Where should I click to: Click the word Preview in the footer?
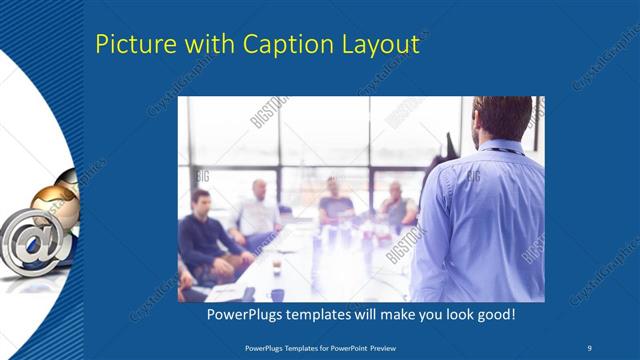click(392, 348)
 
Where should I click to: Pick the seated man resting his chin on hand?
click(398, 205)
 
